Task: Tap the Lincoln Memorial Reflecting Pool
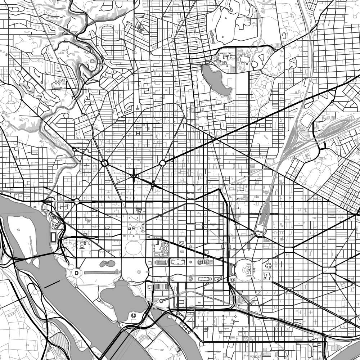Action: tap(101, 273)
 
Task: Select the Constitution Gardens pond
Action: tap(107, 264)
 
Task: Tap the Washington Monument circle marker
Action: tap(135, 273)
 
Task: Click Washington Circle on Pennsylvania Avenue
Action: tap(77, 201)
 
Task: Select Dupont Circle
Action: tap(105, 163)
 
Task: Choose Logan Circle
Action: tap(162, 163)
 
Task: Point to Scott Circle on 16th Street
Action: tap(134, 176)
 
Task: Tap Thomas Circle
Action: tap(153, 185)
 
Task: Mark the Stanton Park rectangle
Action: tap(289, 249)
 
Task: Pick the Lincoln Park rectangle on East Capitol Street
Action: tap(329, 270)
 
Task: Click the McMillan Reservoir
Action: tap(216, 80)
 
